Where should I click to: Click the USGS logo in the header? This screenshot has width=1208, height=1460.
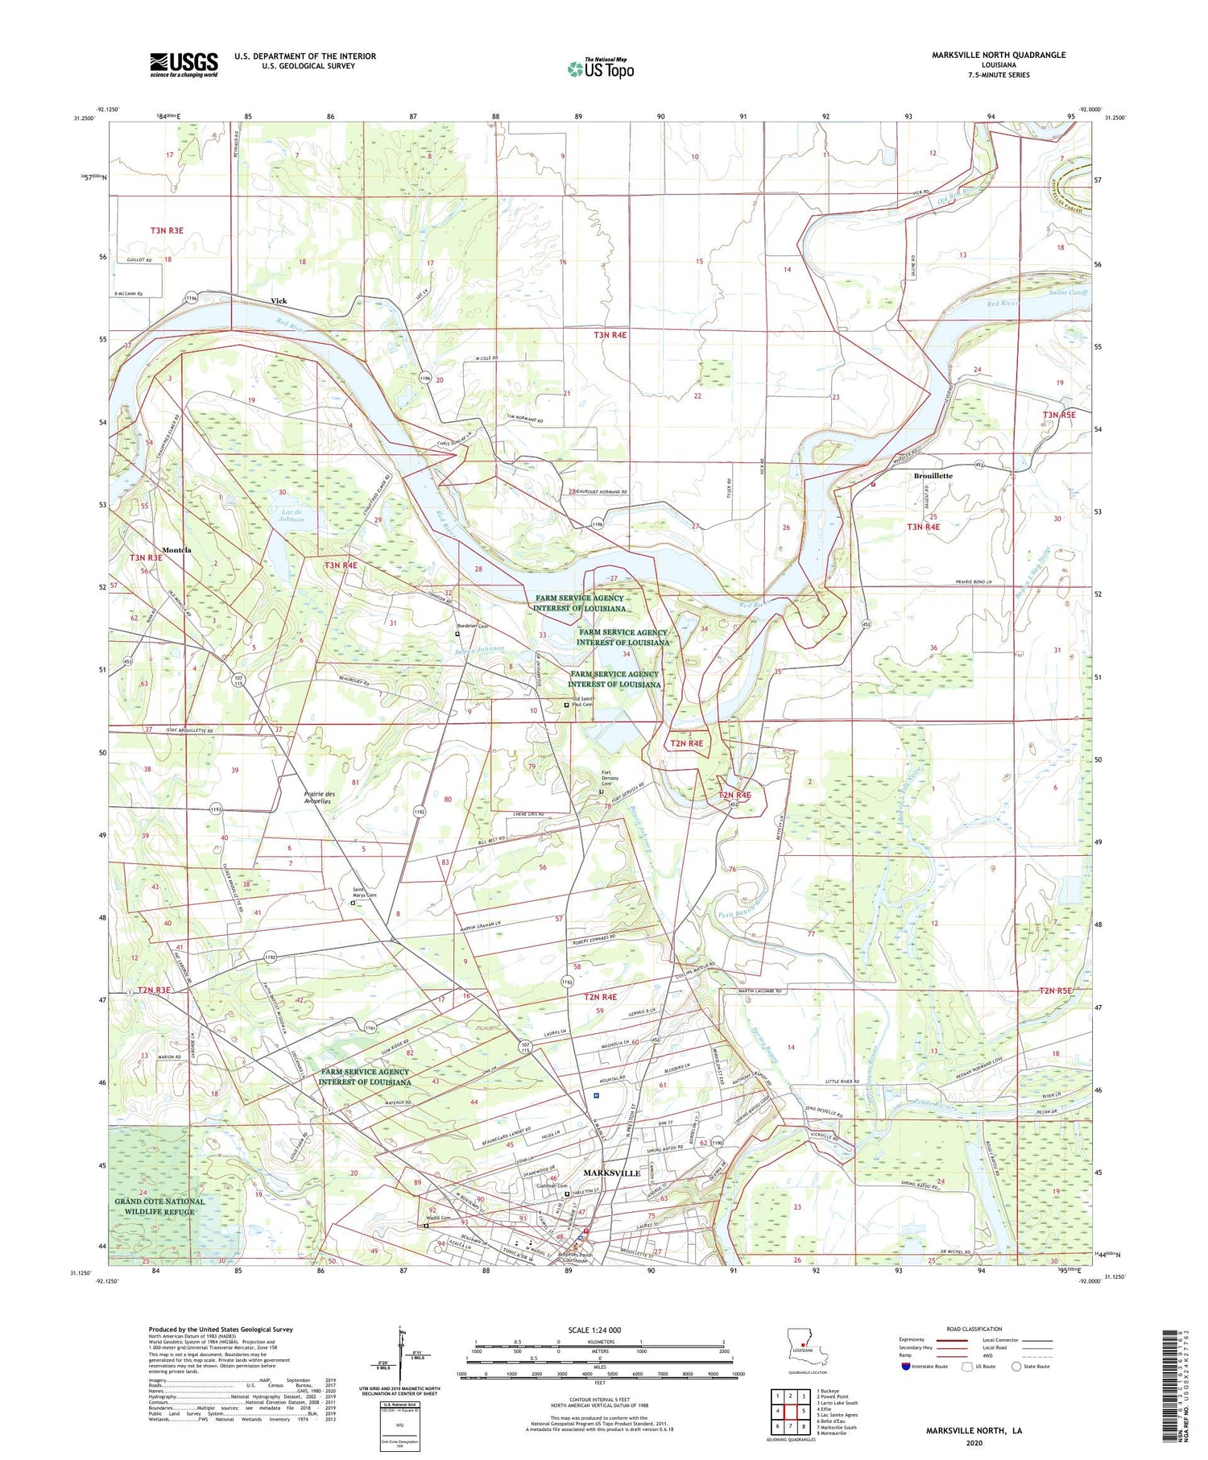click(x=184, y=64)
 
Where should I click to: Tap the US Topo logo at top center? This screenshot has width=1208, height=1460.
click(x=601, y=68)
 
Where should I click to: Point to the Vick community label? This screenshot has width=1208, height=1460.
click(x=279, y=300)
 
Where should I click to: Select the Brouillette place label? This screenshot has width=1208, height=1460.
click(x=933, y=476)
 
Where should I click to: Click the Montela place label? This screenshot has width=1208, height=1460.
click(x=176, y=550)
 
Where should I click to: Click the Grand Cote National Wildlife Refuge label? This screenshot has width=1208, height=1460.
click(x=159, y=1206)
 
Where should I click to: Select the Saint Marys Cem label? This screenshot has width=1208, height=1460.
click(x=365, y=892)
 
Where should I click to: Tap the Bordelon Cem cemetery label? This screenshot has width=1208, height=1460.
click(x=473, y=626)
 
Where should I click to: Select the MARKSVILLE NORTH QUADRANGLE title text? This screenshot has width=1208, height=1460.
click(x=998, y=55)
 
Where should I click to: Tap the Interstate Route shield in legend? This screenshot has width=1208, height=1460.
click(x=906, y=1366)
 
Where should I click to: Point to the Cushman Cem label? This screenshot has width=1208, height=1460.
click(x=553, y=1186)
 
